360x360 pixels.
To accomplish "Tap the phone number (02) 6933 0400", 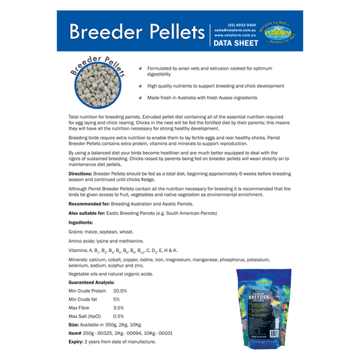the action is click(x=242, y=24).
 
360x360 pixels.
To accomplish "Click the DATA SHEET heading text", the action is click(x=236, y=43).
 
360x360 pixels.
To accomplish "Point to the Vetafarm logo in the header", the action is click(x=278, y=32).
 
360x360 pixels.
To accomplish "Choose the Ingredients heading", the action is click(x=81, y=222).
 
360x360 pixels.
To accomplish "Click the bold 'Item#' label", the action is click(x=76, y=333).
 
